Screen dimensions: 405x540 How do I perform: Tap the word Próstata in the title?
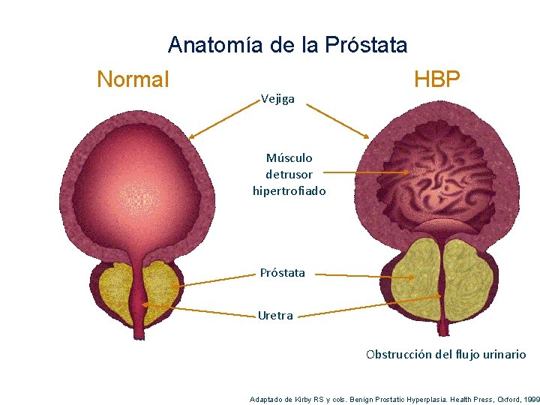(x=367, y=45)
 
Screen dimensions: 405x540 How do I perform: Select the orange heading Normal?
(x=133, y=79)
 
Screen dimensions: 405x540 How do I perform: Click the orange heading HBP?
(x=436, y=79)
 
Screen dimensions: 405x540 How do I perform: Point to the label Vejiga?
(x=277, y=99)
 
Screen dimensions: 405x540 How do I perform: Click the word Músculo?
(x=289, y=157)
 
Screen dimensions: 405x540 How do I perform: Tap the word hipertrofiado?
(x=289, y=190)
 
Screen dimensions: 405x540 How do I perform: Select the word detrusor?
(x=289, y=174)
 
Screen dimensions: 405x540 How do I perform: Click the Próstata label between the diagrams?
(x=283, y=272)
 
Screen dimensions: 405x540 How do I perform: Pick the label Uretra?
(x=275, y=315)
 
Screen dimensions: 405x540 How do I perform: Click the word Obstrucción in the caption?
(x=398, y=354)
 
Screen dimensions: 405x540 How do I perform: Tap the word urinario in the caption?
(x=502, y=354)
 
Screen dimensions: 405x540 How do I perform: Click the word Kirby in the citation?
(x=308, y=399)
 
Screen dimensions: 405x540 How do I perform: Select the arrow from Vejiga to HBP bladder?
(x=338, y=121)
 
